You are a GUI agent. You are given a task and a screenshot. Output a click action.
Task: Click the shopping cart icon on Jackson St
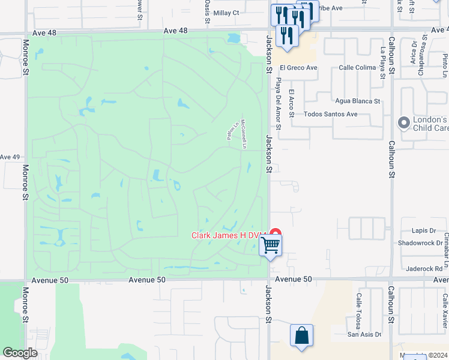(271, 245)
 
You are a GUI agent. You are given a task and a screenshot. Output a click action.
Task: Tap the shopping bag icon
(301, 335)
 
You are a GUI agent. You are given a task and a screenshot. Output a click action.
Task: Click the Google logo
(20, 353)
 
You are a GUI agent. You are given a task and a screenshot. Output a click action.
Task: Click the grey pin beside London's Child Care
(404, 122)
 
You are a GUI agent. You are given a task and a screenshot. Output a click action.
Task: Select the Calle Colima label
(357, 68)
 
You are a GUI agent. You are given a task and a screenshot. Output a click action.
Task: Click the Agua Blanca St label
(358, 101)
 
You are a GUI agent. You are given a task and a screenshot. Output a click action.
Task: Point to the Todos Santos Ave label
(331, 114)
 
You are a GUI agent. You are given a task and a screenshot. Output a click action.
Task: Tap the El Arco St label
(292, 99)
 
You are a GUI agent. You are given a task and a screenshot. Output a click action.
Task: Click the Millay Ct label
(226, 12)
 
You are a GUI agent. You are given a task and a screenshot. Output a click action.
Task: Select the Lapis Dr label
(424, 230)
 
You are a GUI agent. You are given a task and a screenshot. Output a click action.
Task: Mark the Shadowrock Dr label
(420, 243)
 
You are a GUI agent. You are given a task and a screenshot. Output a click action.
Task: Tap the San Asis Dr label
(364, 335)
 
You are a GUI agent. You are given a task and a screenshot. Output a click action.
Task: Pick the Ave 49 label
(10, 157)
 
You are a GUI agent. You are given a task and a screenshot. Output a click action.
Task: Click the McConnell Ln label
(244, 132)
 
